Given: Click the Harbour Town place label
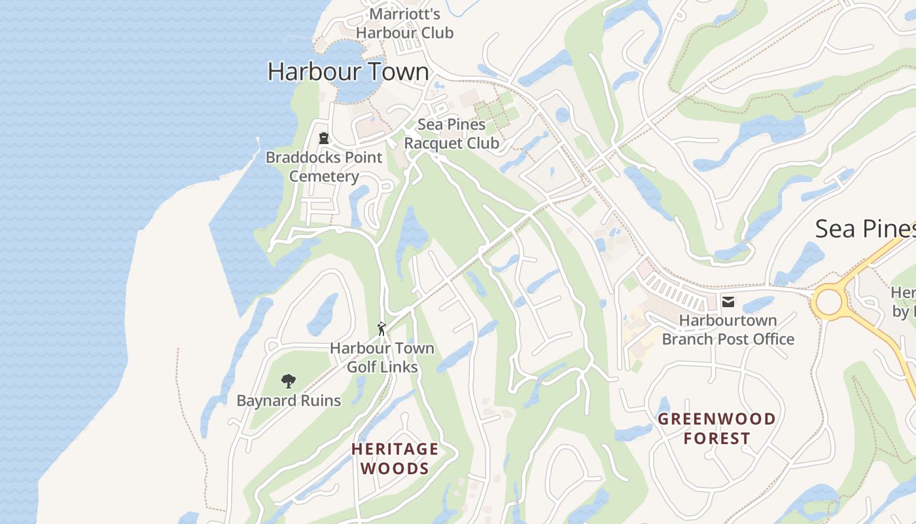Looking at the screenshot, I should pos(348,71).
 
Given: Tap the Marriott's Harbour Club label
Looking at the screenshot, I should pos(404,24).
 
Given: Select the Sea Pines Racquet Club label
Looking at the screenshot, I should pos(451,134).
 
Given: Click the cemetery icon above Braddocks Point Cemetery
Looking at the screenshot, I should pos(324,138).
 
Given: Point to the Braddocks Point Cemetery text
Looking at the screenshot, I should pos(324,167).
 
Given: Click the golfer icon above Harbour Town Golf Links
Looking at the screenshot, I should pos(381,329).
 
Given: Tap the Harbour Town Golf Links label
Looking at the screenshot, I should pos(382,358).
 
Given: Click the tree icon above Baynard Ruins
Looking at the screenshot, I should pos(288,381).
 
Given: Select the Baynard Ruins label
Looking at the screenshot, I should pos(289,401).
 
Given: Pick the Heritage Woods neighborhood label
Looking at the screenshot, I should pos(395,458).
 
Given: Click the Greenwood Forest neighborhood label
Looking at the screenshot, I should pos(716,428).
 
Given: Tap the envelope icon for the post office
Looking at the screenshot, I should pos(728,302).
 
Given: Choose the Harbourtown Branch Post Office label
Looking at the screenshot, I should pos(728,330).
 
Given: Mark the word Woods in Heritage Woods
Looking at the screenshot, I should pos(395,468).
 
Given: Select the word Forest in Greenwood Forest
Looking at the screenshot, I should pos(716,438).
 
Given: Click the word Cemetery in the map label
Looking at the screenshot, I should pos(324,176).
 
